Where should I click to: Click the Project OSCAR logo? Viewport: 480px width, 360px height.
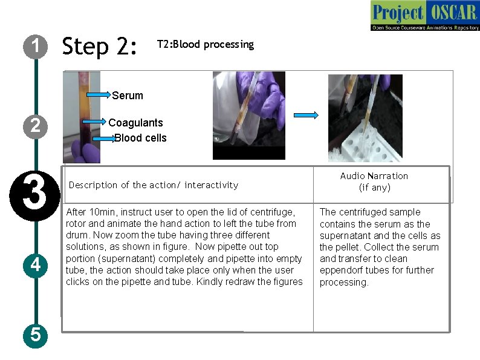tap(424, 16)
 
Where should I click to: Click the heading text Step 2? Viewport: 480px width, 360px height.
tap(100, 46)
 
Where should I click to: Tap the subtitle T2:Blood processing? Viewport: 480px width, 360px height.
tap(205, 44)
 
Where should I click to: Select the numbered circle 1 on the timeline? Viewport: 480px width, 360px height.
tap(36, 46)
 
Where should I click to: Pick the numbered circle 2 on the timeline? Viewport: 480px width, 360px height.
tap(36, 125)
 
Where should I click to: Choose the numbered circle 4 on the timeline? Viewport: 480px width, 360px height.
tap(36, 265)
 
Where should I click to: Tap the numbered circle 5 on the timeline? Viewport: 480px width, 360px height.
tap(36, 334)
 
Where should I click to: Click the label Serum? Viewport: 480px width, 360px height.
tap(128, 96)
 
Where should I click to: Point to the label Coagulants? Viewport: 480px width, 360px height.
tap(135, 123)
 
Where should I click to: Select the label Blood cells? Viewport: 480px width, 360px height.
tap(140, 138)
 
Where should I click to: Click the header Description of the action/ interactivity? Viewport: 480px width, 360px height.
tap(154, 185)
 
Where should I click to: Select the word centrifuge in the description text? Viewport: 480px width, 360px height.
tap(275, 212)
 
